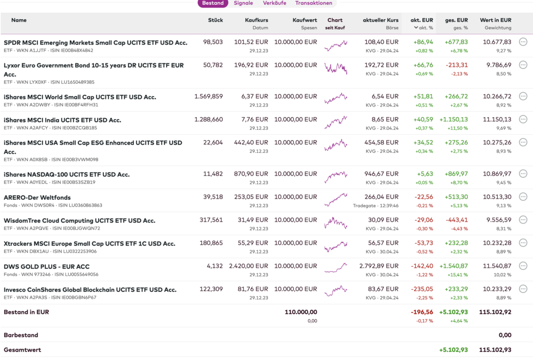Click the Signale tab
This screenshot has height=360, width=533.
pos(243,3)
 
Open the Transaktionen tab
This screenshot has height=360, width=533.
pos(313,3)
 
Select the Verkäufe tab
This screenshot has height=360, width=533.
pos(274,3)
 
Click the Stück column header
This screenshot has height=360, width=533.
pos(215,20)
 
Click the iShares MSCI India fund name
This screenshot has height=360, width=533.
pos(62,120)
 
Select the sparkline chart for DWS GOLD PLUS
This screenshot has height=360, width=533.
pos(336,266)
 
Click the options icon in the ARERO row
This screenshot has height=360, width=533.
pos(523,197)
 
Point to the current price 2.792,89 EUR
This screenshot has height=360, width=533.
pos(379,266)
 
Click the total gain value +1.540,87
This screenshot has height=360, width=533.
pos(453,266)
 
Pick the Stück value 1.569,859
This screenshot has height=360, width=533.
pos(208,97)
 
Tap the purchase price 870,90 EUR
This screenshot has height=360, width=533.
pos(252,174)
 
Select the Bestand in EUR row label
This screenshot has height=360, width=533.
pos(26,312)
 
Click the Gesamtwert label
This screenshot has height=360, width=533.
pos(22,350)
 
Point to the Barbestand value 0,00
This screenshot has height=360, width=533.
pos(504,336)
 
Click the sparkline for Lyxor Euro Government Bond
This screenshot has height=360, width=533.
pos(336,68)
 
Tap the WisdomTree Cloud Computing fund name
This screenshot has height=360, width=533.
pos(79,220)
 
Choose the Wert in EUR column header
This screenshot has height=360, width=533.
pos(496,20)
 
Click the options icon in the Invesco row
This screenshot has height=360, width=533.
pos(523,290)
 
